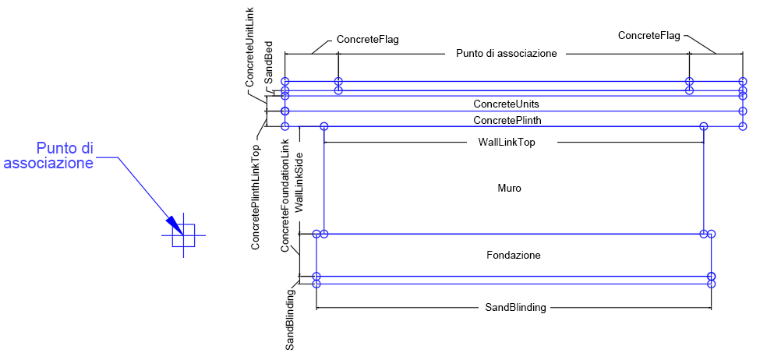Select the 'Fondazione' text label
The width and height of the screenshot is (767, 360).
[513, 255]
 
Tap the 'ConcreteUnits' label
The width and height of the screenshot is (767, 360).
[506, 104]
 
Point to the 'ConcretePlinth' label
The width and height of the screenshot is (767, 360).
[507, 120]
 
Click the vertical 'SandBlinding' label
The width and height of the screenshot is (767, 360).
[290, 319]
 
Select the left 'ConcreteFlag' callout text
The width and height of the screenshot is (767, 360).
[367, 39]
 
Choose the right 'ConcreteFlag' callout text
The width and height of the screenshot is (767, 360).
[649, 35]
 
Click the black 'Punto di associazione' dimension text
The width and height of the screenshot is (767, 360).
[506, 54]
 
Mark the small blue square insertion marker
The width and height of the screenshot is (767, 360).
[183, 235]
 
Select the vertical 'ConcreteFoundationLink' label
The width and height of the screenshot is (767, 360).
[285, 196]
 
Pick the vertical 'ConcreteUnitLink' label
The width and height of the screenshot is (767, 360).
[251, 46]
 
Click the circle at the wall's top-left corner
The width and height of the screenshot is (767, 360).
[324, 126]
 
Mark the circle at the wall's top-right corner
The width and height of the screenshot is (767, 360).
[704, 126]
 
